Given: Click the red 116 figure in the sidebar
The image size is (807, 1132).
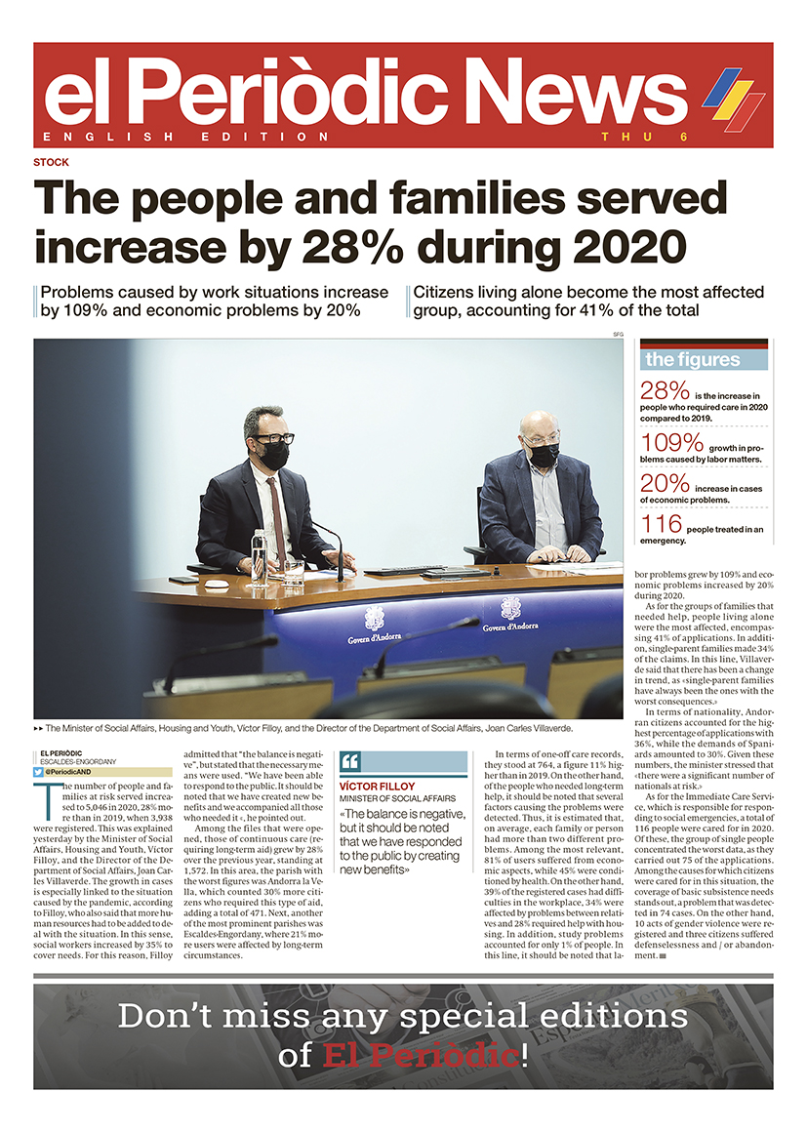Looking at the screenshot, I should click(x=661, y=527).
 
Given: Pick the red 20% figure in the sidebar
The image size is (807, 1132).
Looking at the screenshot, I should click(x=665, y=486).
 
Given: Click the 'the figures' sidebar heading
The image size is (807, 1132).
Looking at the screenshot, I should click(x=692, y=359).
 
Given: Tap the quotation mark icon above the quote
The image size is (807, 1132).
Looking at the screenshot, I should click(x=351, y=761).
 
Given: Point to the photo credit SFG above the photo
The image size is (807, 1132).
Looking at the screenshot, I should click(x=618, y=335).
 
